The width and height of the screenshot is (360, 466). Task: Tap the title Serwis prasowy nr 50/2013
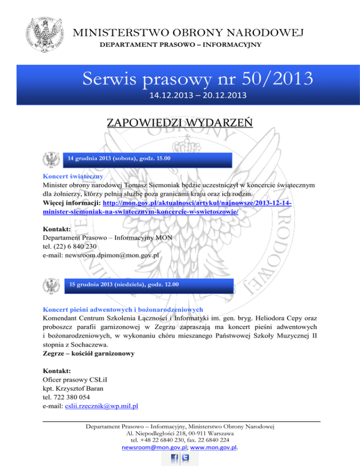(196, 78)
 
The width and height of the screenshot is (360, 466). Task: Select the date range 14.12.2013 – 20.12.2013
(196, 96)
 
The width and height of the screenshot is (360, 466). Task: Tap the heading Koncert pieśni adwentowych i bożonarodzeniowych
(123, 309)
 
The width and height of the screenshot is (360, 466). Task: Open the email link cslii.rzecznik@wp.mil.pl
(101, 406)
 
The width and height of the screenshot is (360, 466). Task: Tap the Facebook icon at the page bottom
(173, 458)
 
